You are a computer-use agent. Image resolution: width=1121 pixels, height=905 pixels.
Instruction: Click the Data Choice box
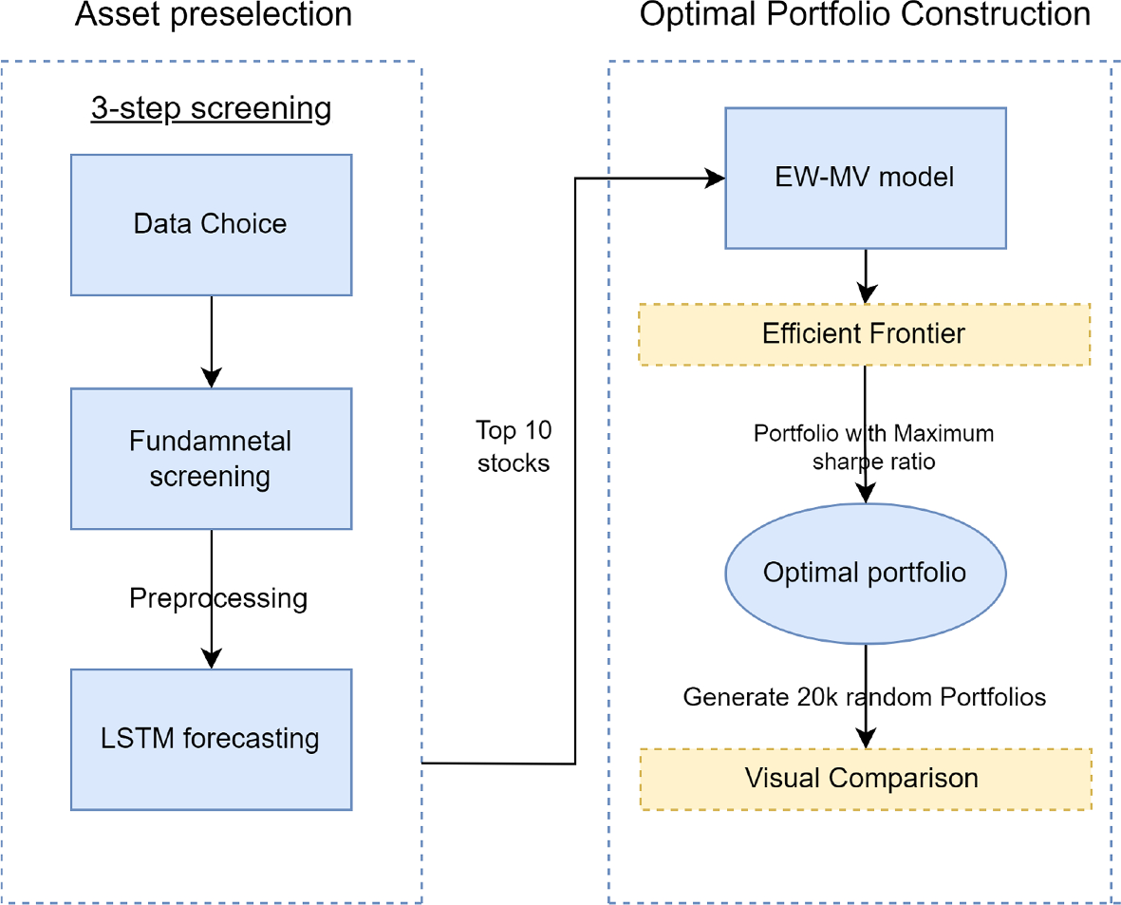(x=211, y=225)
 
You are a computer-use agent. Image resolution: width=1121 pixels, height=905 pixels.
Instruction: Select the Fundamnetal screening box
(x=211, y=459)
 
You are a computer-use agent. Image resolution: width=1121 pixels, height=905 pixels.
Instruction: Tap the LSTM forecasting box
(x=211, y=739)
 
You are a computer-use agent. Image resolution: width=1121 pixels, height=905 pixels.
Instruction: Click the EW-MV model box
(x=865, y=178)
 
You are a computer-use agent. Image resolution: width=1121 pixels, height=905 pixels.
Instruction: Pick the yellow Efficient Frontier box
(x=865, y=334)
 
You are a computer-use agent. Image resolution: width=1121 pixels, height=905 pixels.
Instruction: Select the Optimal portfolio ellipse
(x=865, y=573)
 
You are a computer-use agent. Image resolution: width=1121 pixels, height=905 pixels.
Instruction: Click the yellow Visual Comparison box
(x=865, y=779)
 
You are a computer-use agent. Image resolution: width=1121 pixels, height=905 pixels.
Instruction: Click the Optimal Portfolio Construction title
(x=865, y=15)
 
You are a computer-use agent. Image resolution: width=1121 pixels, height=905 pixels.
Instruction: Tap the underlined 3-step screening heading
(x=211, y=109)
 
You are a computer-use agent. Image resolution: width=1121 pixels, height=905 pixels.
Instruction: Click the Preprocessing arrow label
(x=218, y=598)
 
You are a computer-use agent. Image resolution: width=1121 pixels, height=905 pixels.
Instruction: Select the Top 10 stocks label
(x=514, y=447)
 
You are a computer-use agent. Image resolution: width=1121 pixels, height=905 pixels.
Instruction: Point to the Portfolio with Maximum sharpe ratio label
(x=873, y=447)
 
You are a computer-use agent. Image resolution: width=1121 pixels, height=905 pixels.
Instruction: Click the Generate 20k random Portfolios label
(x=865, y=697)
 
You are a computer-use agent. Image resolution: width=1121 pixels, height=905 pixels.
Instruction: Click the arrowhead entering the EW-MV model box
(x=714, y=178)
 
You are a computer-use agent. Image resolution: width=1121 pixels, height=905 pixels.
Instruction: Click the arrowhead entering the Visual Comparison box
(x=865, y=739)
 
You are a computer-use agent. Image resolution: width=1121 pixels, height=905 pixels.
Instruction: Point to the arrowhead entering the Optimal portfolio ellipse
(x=865, y=494)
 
